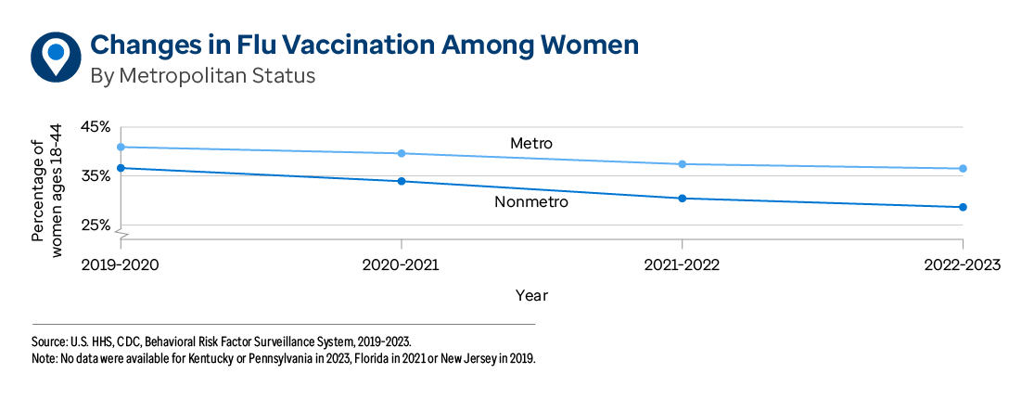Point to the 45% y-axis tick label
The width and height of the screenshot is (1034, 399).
tap(96, 126)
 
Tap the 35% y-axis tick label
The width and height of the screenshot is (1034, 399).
tap(96, 176)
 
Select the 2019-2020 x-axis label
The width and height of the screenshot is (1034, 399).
tap(121, 265)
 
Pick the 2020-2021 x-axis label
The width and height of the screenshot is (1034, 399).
tap(401, 265)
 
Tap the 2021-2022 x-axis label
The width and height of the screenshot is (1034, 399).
tap(682, 265)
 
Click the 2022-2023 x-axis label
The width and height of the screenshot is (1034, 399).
tap(962, 265)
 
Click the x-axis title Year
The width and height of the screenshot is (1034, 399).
tap(531, 296)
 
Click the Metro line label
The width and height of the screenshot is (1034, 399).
tap(530, 144)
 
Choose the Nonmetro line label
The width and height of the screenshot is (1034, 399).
tap(530, 201)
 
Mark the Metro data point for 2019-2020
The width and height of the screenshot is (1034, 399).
tap(121, 147)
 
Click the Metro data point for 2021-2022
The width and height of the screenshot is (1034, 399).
tap(683, 164)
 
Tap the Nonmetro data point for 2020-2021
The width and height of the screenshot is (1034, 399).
tap(402, 181)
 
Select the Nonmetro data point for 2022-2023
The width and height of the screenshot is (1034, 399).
tap(963, 207)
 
